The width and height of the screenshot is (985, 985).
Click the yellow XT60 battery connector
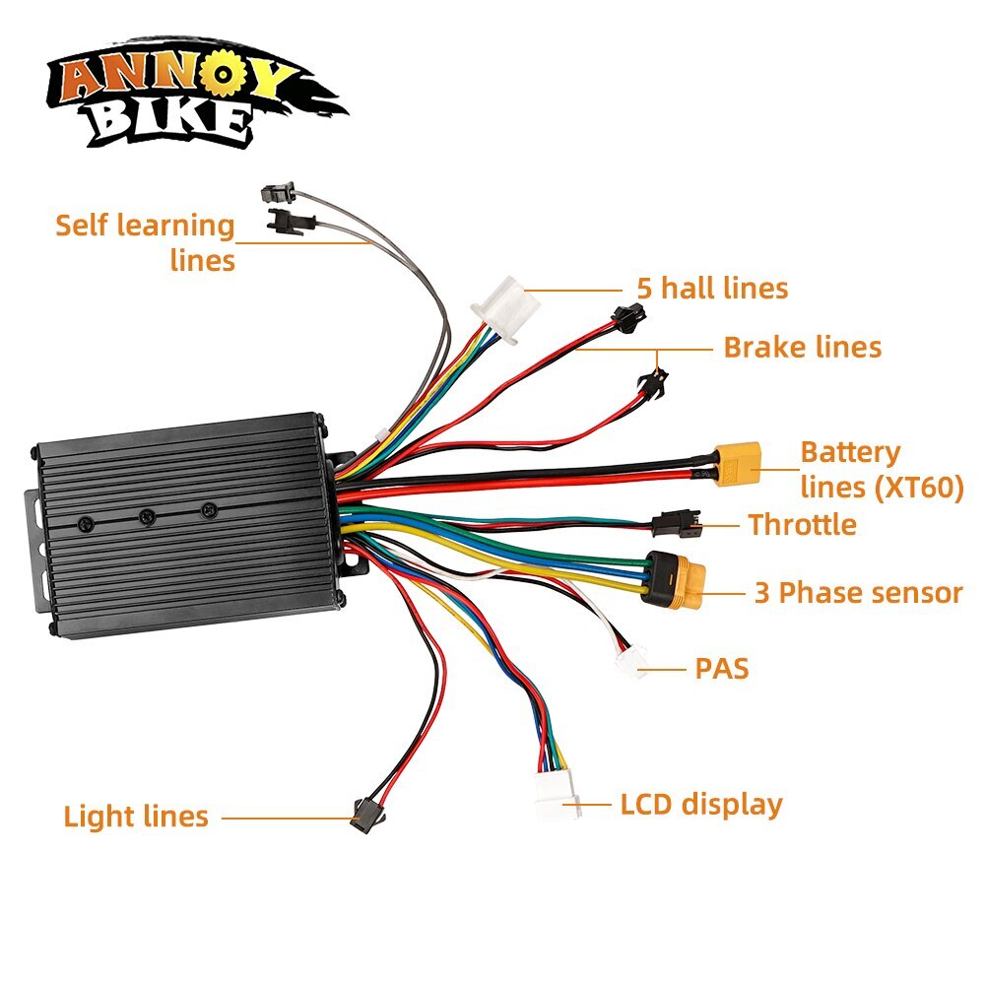[736, 464]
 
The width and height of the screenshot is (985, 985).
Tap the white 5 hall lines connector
[505, 308]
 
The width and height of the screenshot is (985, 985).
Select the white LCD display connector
[558, 794]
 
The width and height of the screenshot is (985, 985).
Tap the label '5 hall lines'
[712, 289]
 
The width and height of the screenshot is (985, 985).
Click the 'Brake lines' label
[802, 347]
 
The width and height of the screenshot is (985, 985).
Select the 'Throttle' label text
[802, 525]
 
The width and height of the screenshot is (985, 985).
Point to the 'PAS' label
[722, 669]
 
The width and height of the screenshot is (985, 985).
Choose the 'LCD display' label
[701, 805]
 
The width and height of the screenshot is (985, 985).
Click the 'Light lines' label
[136, 816]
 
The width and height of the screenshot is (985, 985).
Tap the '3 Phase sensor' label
[858, 592]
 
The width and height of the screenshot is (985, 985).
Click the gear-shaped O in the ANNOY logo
[221, 74]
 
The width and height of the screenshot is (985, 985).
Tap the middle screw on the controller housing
[148, 516]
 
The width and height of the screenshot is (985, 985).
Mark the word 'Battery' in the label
[850, 453]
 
